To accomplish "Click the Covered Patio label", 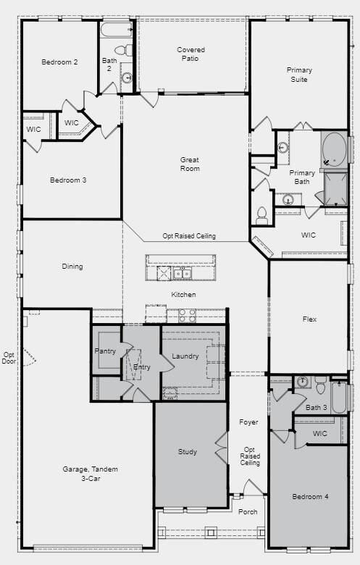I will coord(191,54).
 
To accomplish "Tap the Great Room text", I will coord(190,164).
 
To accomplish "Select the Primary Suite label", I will coord(299,75).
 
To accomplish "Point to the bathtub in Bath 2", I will coord(117,30).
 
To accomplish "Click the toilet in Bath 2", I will coord(128,51).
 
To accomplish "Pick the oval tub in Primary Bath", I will coord(334,150).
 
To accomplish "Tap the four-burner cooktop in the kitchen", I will coord(187,315).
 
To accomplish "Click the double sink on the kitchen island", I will coord(182,273).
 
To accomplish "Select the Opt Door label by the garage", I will coord(9,358).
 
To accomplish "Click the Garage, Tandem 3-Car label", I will coord(90,474).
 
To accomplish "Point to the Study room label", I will coord(188,452).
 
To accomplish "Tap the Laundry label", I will coord(185,356).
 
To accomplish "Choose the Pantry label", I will coord(106,351).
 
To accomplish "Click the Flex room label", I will coord(309,319).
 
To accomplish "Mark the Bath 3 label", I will coord(316,408).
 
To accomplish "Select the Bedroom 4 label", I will coord(310,497).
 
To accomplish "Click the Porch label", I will coord(248,511).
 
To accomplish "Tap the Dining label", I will coord(72,267).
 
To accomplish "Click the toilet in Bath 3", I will coord(320,385).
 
